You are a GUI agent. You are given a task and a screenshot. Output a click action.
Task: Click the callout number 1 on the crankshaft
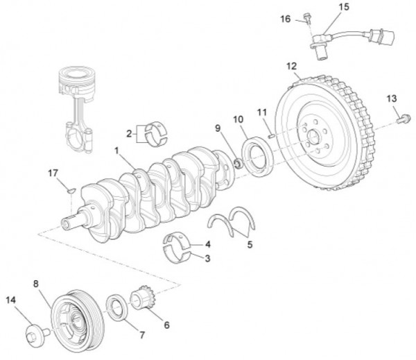(x=117, y=149)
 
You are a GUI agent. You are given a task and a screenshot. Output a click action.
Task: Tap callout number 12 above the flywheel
(x=292, y=66)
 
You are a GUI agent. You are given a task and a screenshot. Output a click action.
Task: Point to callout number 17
(x=52, y=172)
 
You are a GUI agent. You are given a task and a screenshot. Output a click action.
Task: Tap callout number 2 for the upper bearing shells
(x=129, y=132)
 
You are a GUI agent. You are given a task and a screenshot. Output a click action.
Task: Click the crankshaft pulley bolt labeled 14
(x=33, y=337)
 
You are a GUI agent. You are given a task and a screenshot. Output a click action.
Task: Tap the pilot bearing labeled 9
(x=236, y=164)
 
